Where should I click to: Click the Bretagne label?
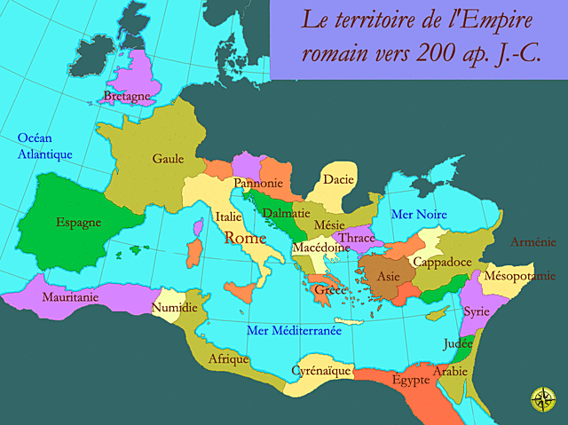126,96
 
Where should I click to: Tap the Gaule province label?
168,159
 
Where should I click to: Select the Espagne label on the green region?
78,223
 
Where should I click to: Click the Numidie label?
175,308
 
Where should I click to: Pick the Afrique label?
228,359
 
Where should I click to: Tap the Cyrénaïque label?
323,370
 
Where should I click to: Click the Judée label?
458,343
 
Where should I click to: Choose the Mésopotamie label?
520,276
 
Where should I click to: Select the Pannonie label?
257,184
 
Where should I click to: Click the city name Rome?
246,238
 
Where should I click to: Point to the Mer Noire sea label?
419,215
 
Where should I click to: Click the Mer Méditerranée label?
294,331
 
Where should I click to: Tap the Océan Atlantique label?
44,146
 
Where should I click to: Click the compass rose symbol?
541,400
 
